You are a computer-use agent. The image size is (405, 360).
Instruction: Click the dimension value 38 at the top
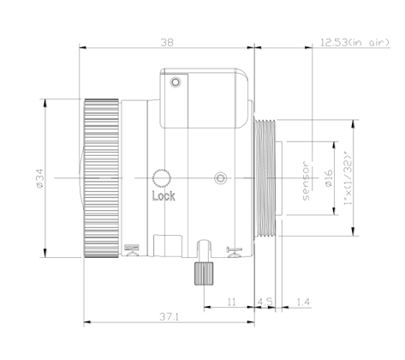167,43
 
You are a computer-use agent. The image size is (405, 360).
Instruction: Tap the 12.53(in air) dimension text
354,43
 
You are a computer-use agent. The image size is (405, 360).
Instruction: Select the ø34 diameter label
39,178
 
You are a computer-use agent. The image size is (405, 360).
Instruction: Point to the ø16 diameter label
329,178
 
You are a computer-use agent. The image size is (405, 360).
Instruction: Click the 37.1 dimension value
169,316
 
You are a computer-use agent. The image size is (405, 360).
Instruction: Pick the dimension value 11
231,302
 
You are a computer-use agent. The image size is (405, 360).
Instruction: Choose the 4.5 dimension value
265,302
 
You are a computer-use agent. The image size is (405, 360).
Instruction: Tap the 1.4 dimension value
303,302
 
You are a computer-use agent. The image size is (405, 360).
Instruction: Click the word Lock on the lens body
164,196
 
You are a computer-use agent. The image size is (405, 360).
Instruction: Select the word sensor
306,181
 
